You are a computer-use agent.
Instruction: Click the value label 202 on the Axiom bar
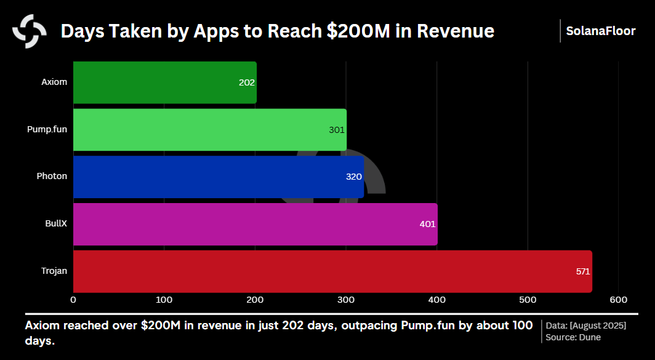click(x=247, y=82)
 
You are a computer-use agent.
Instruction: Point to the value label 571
click(x=583, y=271)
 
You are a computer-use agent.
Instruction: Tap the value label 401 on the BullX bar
click(x=427, y=224)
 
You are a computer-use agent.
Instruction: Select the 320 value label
click(x=354, y=177)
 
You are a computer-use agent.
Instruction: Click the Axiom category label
click(x=54, y=82)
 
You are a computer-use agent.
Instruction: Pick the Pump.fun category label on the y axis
click(x=47, y=129)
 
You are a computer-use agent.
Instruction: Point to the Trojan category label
click(x=54, y=271)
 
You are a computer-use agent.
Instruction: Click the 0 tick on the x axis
click(x=73, y=300)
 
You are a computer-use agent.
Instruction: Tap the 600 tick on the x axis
click(x=618, y=300)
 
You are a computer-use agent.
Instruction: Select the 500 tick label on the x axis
click(x=528, y=300)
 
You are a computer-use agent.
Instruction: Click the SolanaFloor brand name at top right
click(x=601, y=31)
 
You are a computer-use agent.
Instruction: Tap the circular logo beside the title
click(x=29, y=31)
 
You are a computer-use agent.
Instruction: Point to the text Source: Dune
click(x=573, y=337)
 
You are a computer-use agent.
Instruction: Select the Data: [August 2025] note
click(x=586, y=325)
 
